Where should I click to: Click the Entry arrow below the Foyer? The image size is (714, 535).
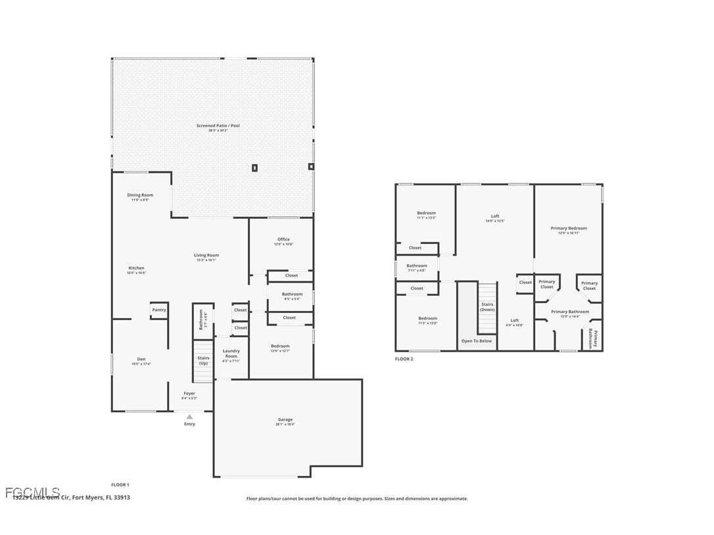pyautogui.click(x=189, y=417)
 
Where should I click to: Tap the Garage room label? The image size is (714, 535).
pyautogui.click(x=285, y=419)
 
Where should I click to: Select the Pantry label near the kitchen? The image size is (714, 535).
pyautogui.click(x=159, y=310)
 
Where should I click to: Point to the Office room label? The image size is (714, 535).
pyautogui.click(x=283, y=239)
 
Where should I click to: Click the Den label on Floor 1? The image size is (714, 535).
pyautogui.click(x=141, y=360)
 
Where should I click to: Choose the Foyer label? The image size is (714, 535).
pyautogui.click(x=189, y=393)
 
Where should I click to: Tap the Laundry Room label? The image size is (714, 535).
pyautogui.click(x=231, y=354)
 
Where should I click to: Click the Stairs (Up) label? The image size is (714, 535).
pyautogui.click(x=203, y=361)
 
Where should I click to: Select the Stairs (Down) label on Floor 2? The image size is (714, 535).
pyautogui.click(x=487, y=307)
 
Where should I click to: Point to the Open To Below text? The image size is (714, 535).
pyautogui.click(x=477, y=341)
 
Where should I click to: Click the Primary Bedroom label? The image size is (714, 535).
pyautogui.click(x=569, y=228)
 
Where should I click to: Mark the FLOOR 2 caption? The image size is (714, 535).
pyautogui.click(x=404, y=359)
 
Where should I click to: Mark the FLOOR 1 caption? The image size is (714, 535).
pyautogui.click(x=120, y=484)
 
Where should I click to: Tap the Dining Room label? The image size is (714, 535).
pyautogui.click(x=140, y=195)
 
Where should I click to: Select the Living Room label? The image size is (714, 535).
pyautogui.click(x=206, y=255)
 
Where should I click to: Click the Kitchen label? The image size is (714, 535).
pyautogui.click(x=136, y=268)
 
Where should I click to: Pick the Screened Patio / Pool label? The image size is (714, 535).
pyautogui.click(x=218, y=126)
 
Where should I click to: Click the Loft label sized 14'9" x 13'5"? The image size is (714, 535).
pyautogui.click(x=495, y=216)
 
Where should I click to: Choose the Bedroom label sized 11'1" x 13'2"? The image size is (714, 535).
pyautogui.click(x=426, y=213)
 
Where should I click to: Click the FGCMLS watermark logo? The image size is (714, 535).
pyautogui.click(x=32, y=492)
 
